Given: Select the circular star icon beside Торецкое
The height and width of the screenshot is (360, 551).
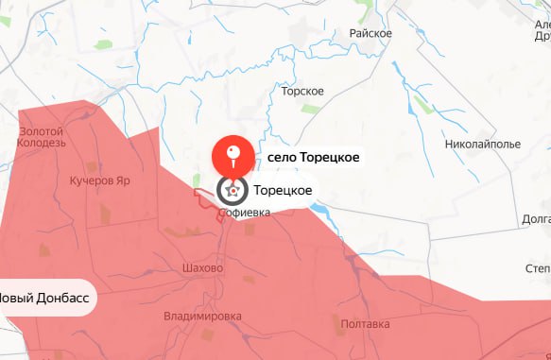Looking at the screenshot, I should (231, 191).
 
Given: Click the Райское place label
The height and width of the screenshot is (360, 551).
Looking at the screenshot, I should (371, 33).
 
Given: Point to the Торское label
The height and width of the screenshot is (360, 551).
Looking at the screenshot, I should (302, 91).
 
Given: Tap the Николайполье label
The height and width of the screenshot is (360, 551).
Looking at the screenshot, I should (482, 145).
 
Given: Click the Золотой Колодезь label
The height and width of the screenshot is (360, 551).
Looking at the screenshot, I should (41, 136).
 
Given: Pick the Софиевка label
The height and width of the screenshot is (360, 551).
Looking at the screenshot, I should (244, 214).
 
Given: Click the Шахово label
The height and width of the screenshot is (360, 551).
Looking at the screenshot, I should (201, 268).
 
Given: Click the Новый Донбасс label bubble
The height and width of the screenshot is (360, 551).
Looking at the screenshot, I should (44, 297).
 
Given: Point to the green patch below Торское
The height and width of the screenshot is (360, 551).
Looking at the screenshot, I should (309, 109).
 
